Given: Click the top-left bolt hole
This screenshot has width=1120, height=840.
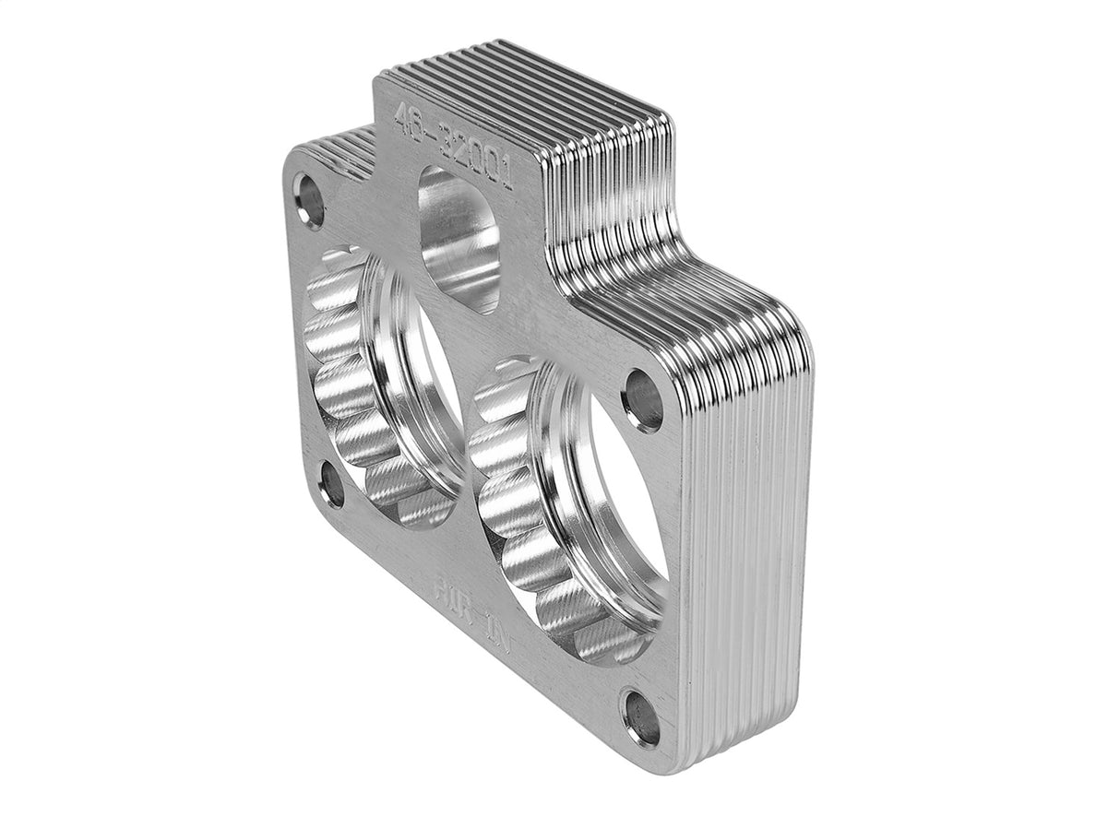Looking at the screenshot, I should click(310, 200).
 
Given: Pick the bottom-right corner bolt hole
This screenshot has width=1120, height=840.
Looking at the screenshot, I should click(642, 717).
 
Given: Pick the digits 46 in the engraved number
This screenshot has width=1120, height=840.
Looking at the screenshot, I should click(406, 120).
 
